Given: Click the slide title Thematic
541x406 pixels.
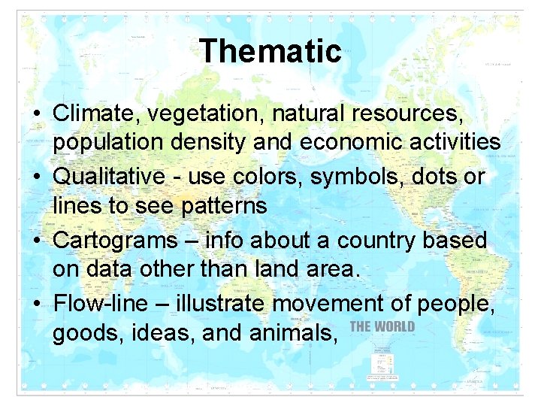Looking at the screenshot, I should (270, 52).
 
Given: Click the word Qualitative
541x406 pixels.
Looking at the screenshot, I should (109, 177).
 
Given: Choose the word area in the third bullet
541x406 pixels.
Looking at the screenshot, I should (329, 268).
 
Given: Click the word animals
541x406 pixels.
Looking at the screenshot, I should (295, 332).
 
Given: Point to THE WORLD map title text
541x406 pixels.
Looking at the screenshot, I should (382, 326).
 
